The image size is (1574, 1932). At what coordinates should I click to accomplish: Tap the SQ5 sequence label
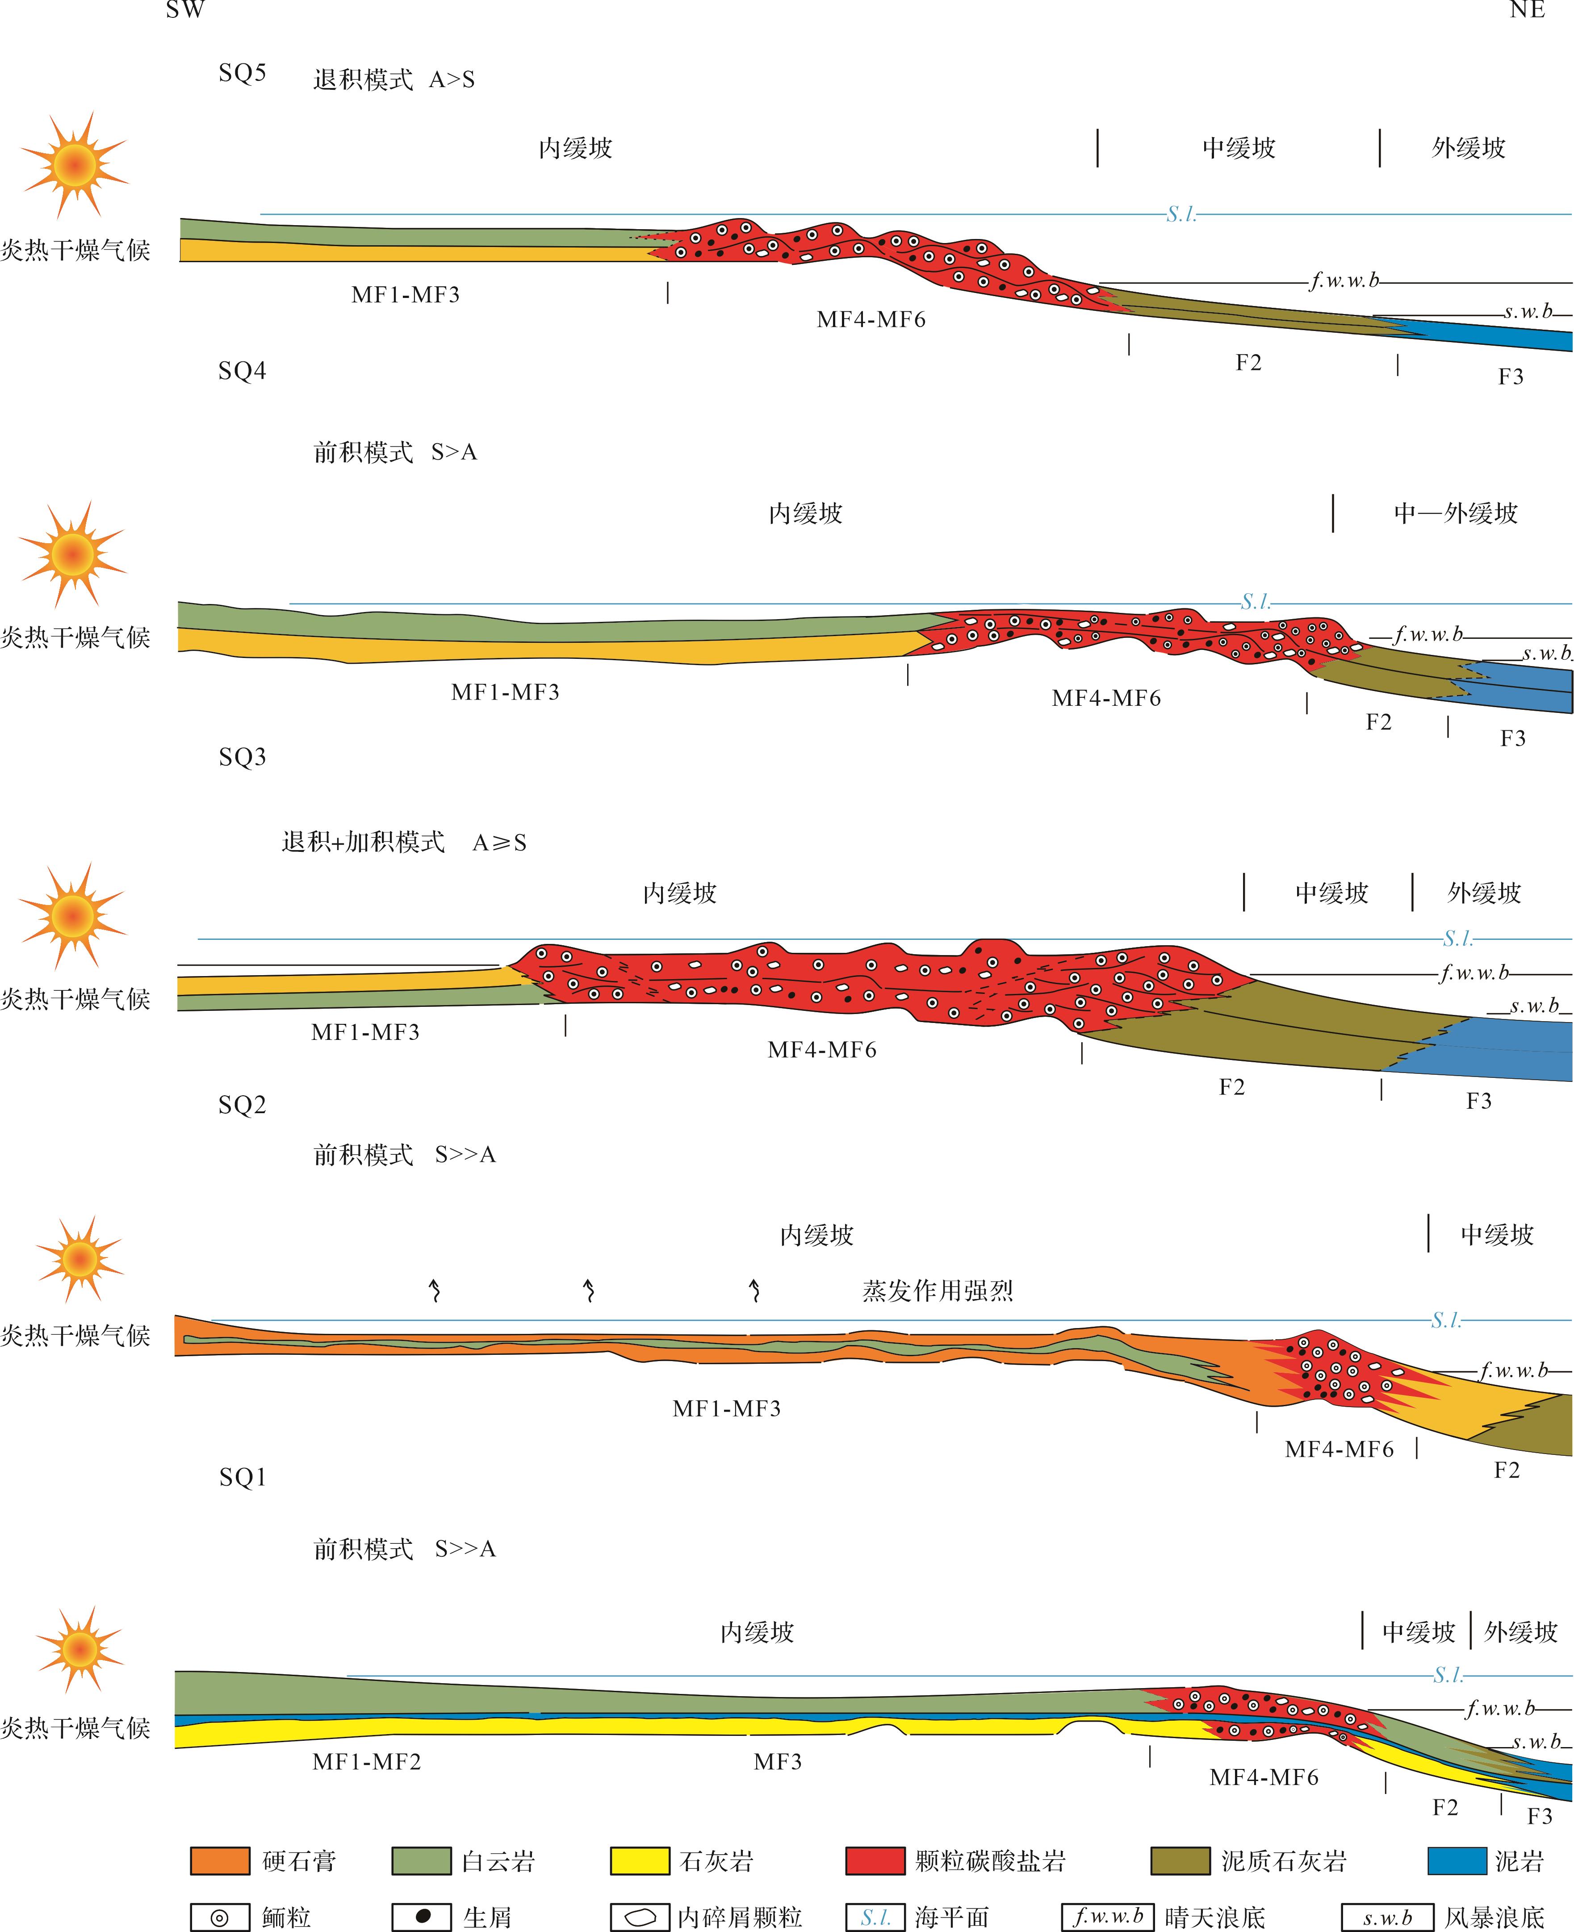242,72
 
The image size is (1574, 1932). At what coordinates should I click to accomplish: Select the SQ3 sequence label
242,756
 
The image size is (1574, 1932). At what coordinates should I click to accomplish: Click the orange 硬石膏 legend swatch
219,1861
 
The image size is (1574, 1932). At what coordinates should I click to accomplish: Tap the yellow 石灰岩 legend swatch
639,1861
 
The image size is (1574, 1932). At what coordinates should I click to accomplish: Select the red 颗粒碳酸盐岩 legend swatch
875,1861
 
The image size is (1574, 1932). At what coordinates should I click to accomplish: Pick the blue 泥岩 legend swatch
1457,1861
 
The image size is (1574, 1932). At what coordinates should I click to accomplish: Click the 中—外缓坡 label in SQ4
1455,513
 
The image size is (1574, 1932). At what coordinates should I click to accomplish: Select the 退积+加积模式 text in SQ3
363,842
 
